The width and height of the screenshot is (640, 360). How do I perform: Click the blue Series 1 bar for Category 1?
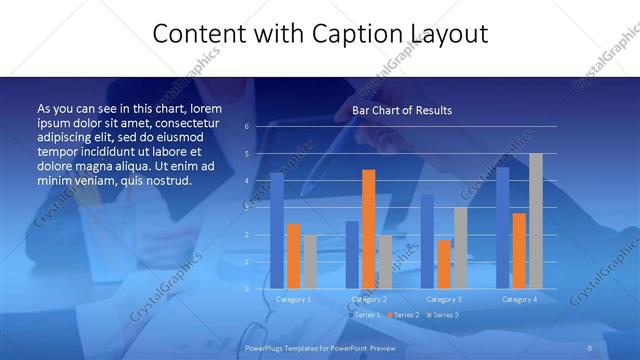(277, 231)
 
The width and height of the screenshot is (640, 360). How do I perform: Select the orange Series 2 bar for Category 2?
(369, 229)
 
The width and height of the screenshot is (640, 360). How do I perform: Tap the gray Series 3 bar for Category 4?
(536, 221)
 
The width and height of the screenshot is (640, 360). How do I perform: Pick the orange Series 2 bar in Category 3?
(444, 264)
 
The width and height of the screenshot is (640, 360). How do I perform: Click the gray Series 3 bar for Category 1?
(310, 262)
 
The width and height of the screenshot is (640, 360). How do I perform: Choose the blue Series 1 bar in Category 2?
(352, 255)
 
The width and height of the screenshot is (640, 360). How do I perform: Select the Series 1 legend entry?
(366, 315)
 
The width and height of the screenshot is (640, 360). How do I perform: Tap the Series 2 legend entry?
(404, 315)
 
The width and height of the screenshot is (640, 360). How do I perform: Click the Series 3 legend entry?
(444, 315)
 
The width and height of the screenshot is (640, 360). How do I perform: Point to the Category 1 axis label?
(294, 299)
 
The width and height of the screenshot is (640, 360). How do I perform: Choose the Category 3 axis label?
(444, 299)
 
